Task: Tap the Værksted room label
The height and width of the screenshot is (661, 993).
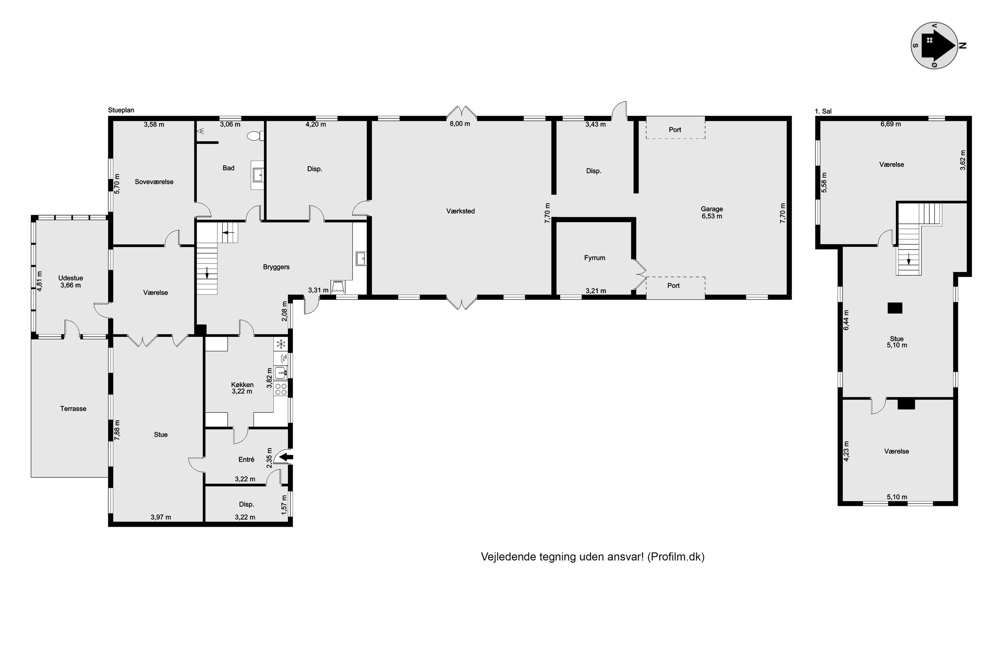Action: (x=461, y=211)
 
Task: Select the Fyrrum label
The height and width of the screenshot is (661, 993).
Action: (x=595, y=258)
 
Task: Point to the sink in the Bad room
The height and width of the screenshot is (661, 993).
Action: (x=257, y=175)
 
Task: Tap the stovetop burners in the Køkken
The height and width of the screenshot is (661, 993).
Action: (x=281, y=389)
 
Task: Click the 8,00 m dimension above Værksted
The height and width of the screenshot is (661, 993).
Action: (x=460, y=124)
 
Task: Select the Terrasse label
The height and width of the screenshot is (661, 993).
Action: (x=73, y=409)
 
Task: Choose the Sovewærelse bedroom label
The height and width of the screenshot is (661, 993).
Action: (x=154, y=182)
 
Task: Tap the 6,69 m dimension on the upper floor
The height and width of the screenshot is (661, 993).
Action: (x=890, y=124)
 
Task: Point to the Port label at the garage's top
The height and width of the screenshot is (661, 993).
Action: (x=675, y=130)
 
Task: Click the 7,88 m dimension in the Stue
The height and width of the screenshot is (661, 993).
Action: (x=117, y=430)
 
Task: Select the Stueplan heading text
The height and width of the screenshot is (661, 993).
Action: (x=121, y=110)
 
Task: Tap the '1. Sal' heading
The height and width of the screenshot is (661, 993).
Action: (x=823, y=111)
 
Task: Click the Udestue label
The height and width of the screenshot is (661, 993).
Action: (x=71, y=278)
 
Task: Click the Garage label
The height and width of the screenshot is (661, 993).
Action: (x=712, y=209)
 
